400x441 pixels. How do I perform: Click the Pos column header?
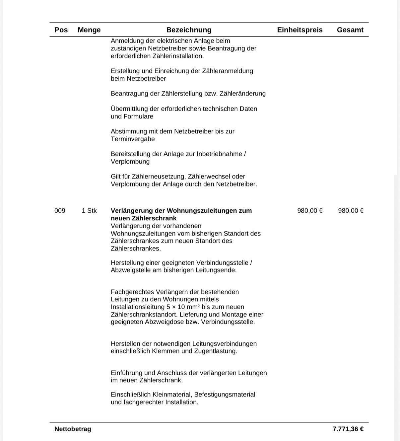tap(61, 30)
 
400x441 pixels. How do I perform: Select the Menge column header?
tap(89, 30)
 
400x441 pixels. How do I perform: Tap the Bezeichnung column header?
tap(189, 30)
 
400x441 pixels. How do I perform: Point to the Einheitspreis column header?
tap(300, 30)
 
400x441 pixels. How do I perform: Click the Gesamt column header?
tap(350, 30)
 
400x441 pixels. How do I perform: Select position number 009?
tap(60, 211)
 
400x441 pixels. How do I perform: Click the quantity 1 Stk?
tap(89, 211)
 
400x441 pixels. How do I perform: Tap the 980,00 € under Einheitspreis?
tap(310, 211)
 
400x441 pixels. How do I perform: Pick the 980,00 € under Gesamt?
tap(351, 211)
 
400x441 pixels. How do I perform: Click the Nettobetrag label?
tap(73, 429)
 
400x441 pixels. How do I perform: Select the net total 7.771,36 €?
tap(348, 429)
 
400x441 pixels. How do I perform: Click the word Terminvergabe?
tap(133, 139)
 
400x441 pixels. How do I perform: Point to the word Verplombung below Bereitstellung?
tap(130, 162)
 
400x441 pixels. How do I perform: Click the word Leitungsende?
tap(216, 270)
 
